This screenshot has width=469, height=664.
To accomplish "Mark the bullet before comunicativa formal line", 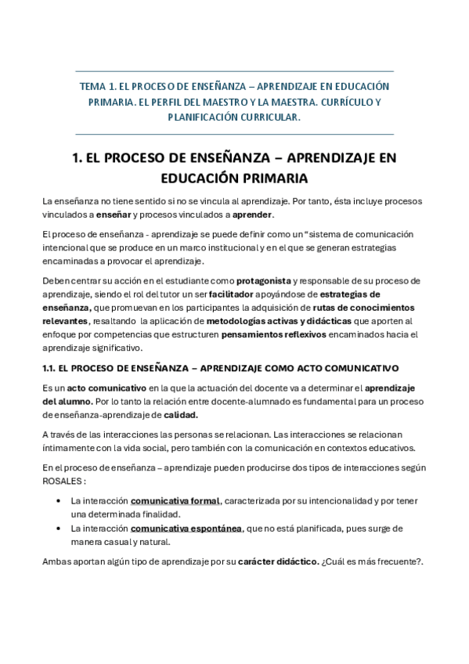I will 60,500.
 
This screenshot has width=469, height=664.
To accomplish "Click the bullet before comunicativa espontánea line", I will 60,529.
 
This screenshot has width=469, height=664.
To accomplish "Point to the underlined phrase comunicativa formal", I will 175,500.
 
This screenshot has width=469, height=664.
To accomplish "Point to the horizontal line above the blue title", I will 234,70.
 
